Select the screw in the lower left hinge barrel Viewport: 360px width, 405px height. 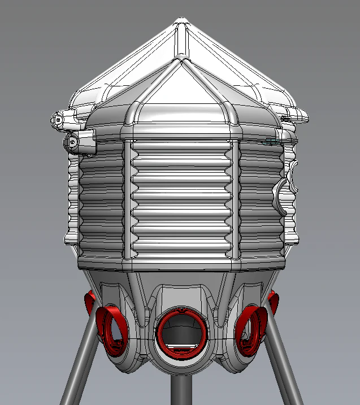pos(73,142)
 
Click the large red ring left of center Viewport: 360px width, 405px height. pos(115,330)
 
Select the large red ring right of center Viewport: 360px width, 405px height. pos(249,331)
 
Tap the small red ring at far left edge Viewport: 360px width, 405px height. pos(89,302)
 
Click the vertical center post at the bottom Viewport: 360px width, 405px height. pos(180,390)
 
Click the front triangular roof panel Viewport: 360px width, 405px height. pos(181,99)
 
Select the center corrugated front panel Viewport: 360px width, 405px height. pos(181,198)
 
